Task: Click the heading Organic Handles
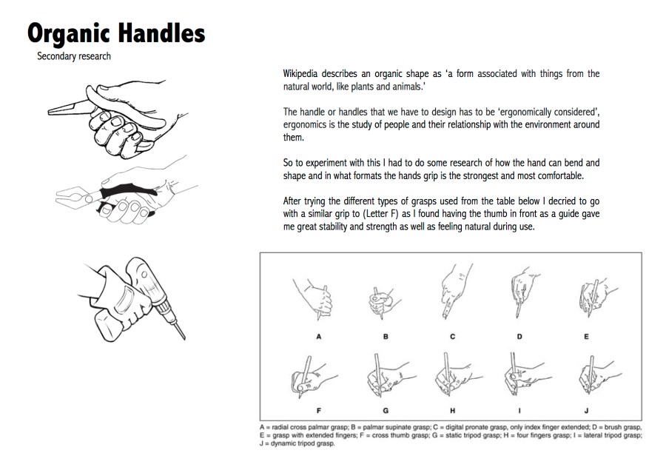pyautogui.click(x=116, y=33)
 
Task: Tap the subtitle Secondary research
pyautogui.click(x=74, y=56)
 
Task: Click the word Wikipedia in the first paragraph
pyautogui.click(x=300, y=74)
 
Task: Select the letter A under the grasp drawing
pyautogui.click(x=318, y=337)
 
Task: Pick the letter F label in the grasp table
pyautogui.click(x=318, y=411)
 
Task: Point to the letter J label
pyautogui.click(x=586, y=411)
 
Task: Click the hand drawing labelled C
pyautogui.click(x=455, y=292)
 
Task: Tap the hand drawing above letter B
pyautogui.click(x=383, y=303)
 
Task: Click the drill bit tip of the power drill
pyautogui.click(x=184, y=339)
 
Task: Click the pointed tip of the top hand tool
pyautogui.click(x=50, y=113)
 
